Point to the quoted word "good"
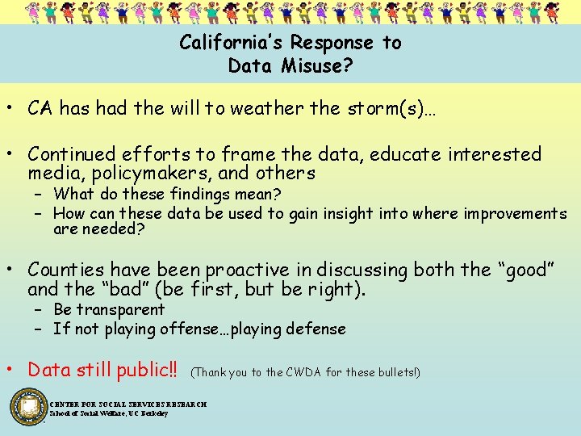[527, 270]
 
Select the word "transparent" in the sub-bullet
[120, 309]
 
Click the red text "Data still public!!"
[102, 370]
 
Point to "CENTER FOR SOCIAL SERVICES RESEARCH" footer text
[127, 404]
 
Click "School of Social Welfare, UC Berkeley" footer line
[108, 413]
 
